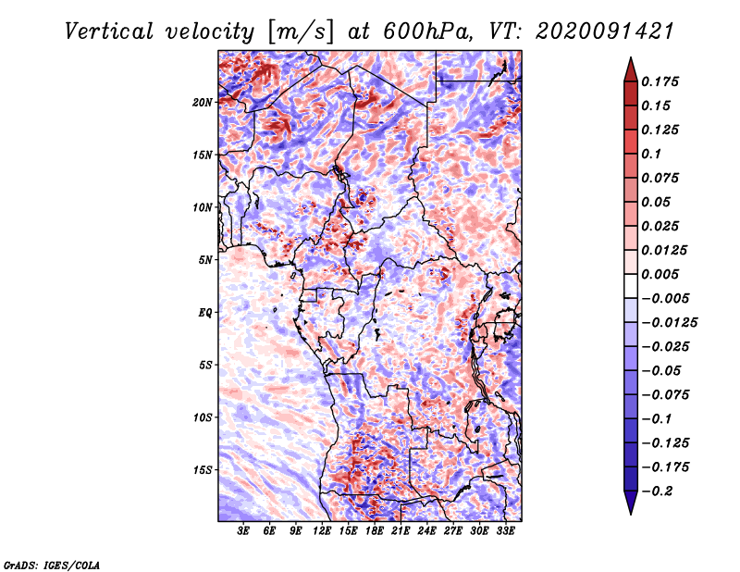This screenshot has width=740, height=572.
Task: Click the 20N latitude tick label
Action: pyautogui.click(x=203, y=103)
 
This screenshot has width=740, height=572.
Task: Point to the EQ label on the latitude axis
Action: pyautogui.click(x=205, y=313)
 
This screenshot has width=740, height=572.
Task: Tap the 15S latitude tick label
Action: pyautogui.click(x=203, y=470)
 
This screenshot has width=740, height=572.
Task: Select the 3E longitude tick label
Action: pyautogui.click(x=243, y=531)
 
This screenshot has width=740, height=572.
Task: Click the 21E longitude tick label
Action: pyautogui.click(x=401, y=531)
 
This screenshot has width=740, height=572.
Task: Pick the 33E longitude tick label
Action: pyautogui.click(x=505, y=531)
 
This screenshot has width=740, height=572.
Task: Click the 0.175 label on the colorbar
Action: pyautogui.click(x=660, y=81)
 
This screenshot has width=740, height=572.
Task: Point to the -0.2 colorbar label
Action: pyautogui.click(x=657, y=491)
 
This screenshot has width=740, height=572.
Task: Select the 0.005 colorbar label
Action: pyautogui.click(x=660, y=274)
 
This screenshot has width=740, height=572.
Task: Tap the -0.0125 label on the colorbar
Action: pyautogui.click(x=669, y=323)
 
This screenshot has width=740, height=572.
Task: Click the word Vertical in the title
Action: pyautogui.click(x=109, y=31)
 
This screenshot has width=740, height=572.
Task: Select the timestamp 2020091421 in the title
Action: pyautogui.click(x=604, y=31)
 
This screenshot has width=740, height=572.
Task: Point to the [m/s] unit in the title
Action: pyautogui.click(x=300, y=31)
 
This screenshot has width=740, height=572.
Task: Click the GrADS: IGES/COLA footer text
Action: pyautogui.click(x=52, y=565)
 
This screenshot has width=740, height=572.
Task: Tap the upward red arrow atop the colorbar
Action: pyautogui.click(x=631, y=69)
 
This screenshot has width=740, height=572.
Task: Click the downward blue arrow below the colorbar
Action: pyautogui.click(x=631, y=503)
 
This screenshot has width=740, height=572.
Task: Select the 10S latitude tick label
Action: pyautogui.click(x=203, y=417)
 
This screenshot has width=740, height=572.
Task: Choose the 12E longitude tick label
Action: pyautogui.click(x=322, y=531)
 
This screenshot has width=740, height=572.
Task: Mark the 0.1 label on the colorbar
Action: pyautogui.click(x=651, y=154)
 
